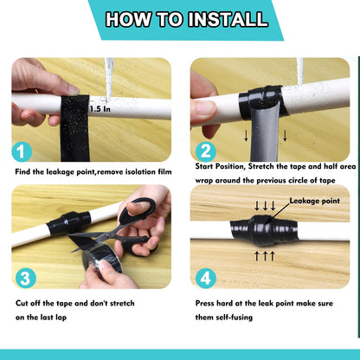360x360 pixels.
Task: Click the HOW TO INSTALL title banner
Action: coord(180,20)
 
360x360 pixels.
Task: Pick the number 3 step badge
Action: coord(25,278)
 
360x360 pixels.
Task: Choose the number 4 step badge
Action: coord(204,278)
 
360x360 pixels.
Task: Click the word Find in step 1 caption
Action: coord(25,172)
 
